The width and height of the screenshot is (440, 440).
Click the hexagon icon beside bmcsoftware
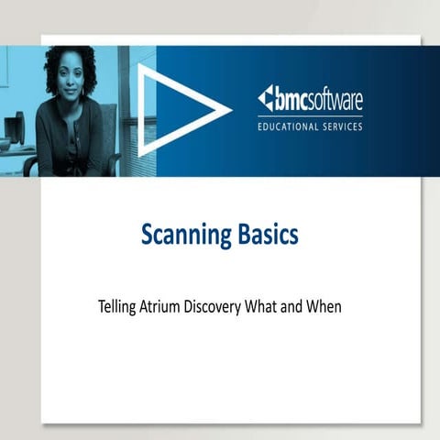pos(264,98)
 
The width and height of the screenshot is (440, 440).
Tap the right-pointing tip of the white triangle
pos(229,110)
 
